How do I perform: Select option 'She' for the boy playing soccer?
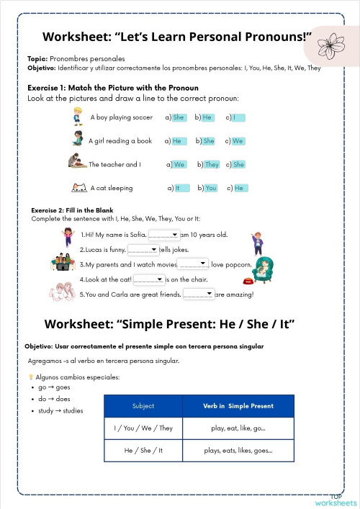coord(179,117)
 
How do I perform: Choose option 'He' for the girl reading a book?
coord(177,141)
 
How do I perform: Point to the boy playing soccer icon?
coord(78,116)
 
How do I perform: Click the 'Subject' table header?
coord(143,406)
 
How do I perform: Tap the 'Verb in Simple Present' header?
coord(238,406)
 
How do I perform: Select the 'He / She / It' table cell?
coord(143,451)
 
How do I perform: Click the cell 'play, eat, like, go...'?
coord(238,428)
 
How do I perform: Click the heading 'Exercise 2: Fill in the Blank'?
coord(72,210)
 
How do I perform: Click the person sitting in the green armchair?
coord(265,267)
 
